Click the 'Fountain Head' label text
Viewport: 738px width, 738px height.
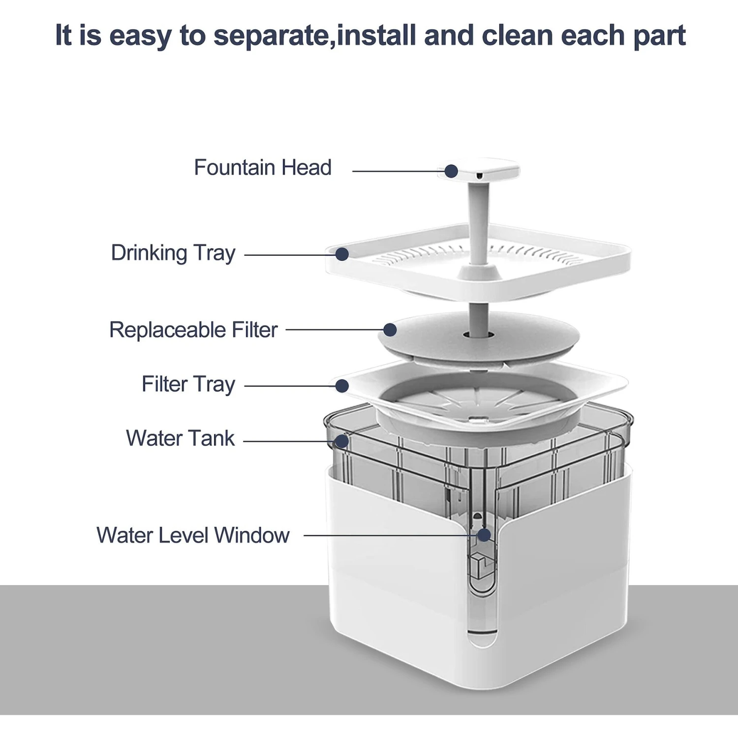click(x=262, y=168)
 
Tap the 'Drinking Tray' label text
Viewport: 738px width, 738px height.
click(x=173, y=253)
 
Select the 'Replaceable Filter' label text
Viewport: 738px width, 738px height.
click(x=193, y=330)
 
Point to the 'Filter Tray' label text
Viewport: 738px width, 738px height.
click(x=188, y=385)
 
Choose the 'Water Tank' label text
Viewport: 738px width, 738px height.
click(x=181, y=438)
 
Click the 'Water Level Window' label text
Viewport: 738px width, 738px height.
click(x=193, y=535)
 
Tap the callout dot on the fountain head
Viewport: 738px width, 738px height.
click(x=451, y=171)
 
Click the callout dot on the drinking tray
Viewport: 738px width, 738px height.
click(x=342, y=254)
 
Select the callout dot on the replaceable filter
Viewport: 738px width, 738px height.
click(x=390, y=330)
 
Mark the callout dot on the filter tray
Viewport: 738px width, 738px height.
click(x=342, y=386)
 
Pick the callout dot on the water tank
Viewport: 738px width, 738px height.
click(x=341, y=441)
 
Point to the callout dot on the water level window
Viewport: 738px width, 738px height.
click(x=484, y=535)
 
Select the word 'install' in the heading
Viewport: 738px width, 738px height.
click(x=376, y=36)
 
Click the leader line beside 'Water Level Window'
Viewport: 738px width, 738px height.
click(x=389, y=535)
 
